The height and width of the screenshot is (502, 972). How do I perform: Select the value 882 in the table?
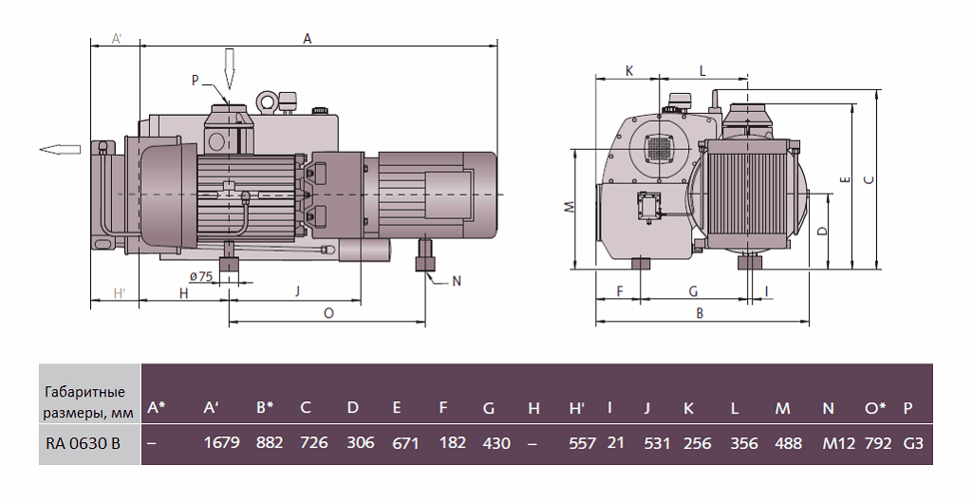pyautogui.click(x=269, y=442)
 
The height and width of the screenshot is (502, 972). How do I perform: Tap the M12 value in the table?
pyautogui.click(x=834, y=442)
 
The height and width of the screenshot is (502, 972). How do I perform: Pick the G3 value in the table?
pyautogui.click(x=913, y=442)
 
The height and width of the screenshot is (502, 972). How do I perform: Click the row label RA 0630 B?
pyautogui.click(x=83, y=442)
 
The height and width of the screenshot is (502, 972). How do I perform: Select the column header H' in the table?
pyautogui.click(x=575, y=408)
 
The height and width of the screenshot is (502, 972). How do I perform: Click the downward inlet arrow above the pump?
pyautogui.click(x=228, y=69)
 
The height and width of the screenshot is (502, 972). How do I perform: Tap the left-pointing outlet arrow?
pyautogui.click(x=59, y=148)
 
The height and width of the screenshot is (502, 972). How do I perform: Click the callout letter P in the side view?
pyautogui.click(x=195, y=81)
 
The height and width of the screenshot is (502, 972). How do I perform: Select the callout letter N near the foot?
pyautogui.click(x=456, y=281)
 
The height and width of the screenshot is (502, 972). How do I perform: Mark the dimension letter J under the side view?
pyautogui.click(x=297, y=291)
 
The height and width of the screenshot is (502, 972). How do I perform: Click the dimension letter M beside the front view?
pyautogui.click(x=567, y=207)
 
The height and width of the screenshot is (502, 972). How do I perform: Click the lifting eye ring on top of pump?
pyautogui.click(x=267, y=100)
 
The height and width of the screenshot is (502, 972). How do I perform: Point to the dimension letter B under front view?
pyautogui.click(x=700, y=311)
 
